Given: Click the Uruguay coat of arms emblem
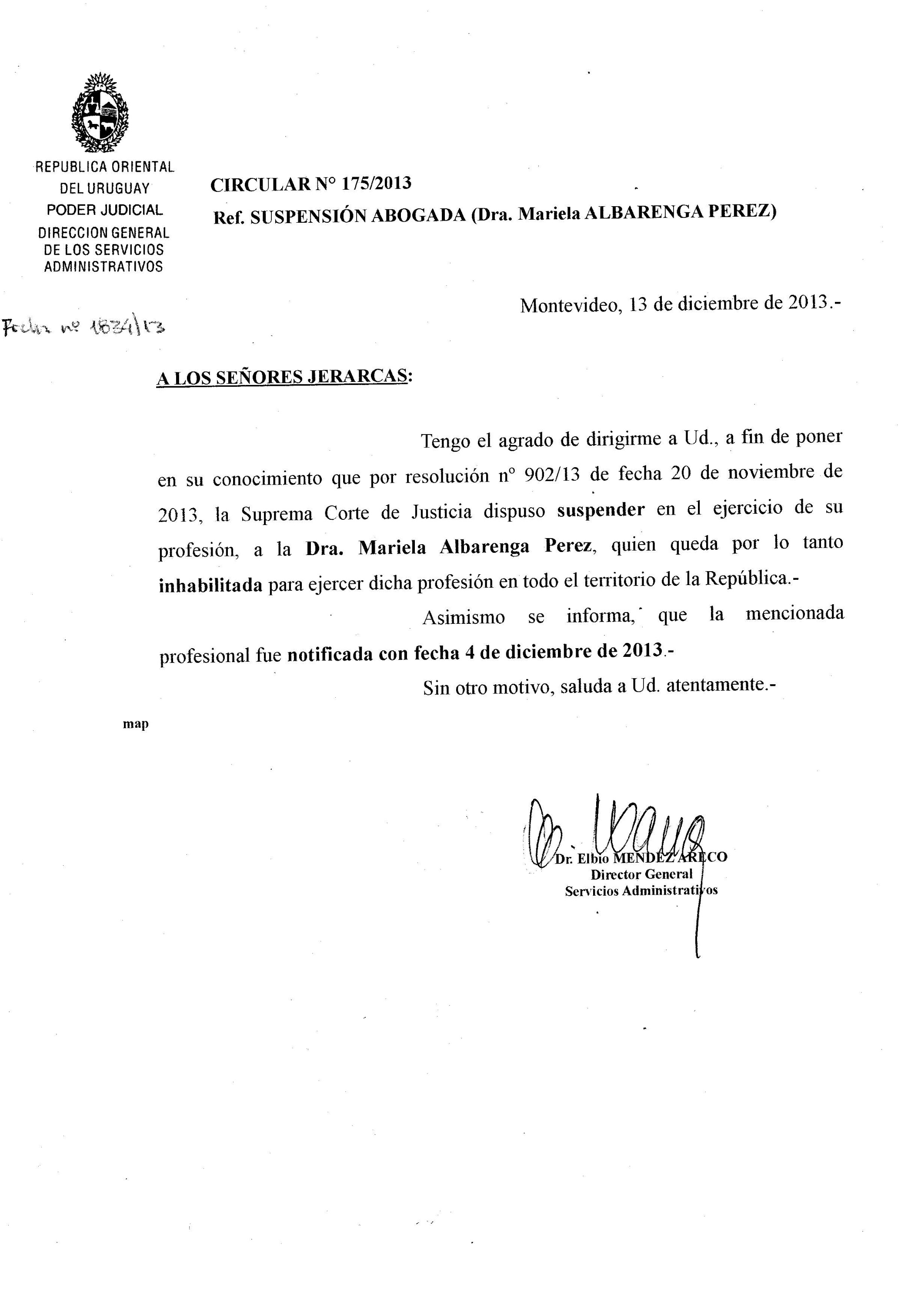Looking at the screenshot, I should [x=100, y=113].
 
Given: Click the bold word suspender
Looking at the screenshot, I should [x=601, y=510].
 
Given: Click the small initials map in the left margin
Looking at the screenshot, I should [x=136, y=725].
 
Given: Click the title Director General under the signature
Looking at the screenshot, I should [x=641, y=875].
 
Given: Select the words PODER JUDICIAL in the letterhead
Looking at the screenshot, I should [x=104, y=210].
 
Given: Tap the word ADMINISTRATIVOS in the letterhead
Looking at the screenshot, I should [x=103, y=267].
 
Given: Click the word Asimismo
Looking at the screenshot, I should [x=464, y=617].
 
